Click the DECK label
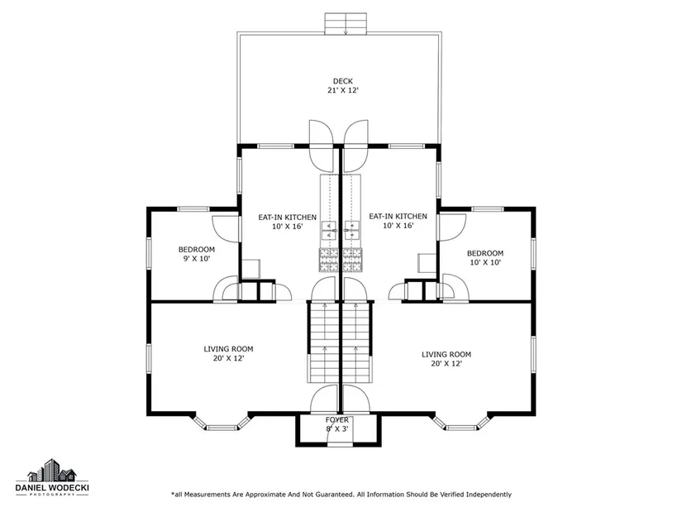[343, 81]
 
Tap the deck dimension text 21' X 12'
[343, 90]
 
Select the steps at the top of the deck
[346, 23]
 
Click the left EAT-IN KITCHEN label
[288, 217]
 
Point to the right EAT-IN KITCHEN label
[398, 216]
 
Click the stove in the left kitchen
[329, 260]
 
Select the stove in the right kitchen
[352, 260]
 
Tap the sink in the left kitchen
[329, 230]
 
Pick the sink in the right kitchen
[352, 230]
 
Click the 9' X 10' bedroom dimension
[197, 259]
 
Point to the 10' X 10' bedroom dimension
[485, 262]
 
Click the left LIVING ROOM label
[228, 349]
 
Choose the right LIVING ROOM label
[446, 354]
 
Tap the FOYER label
[337, 419]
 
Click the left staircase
[324, 342]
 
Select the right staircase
[356, 342]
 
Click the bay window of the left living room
[222, 424]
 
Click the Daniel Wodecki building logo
[52, 470]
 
